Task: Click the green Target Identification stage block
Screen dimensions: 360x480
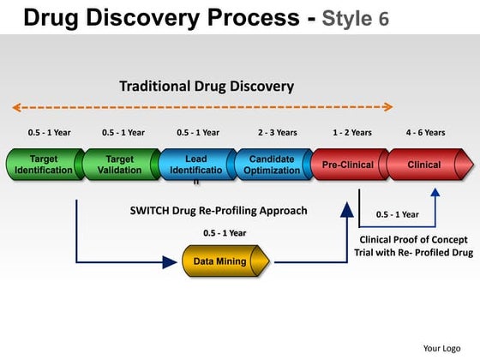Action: pos(44,165)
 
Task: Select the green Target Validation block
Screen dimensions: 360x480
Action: pos(120,165)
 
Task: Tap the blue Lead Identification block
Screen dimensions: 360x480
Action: pos(196,165)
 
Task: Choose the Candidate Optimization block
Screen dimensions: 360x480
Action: pos(272,165)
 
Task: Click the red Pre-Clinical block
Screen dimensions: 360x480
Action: pos(348,165)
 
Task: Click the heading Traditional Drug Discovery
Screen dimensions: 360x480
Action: pos(207,86)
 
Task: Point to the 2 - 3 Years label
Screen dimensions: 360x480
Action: pos(277,133)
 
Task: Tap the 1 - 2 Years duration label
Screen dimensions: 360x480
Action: pos(352,133)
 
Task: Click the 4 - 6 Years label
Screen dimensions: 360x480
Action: pos(425,133)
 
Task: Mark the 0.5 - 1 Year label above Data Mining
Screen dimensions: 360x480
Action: pos(225,233)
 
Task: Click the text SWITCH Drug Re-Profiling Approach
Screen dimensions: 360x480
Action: pos(219,211)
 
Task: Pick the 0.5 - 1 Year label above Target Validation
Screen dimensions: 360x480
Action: pos(123,133)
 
